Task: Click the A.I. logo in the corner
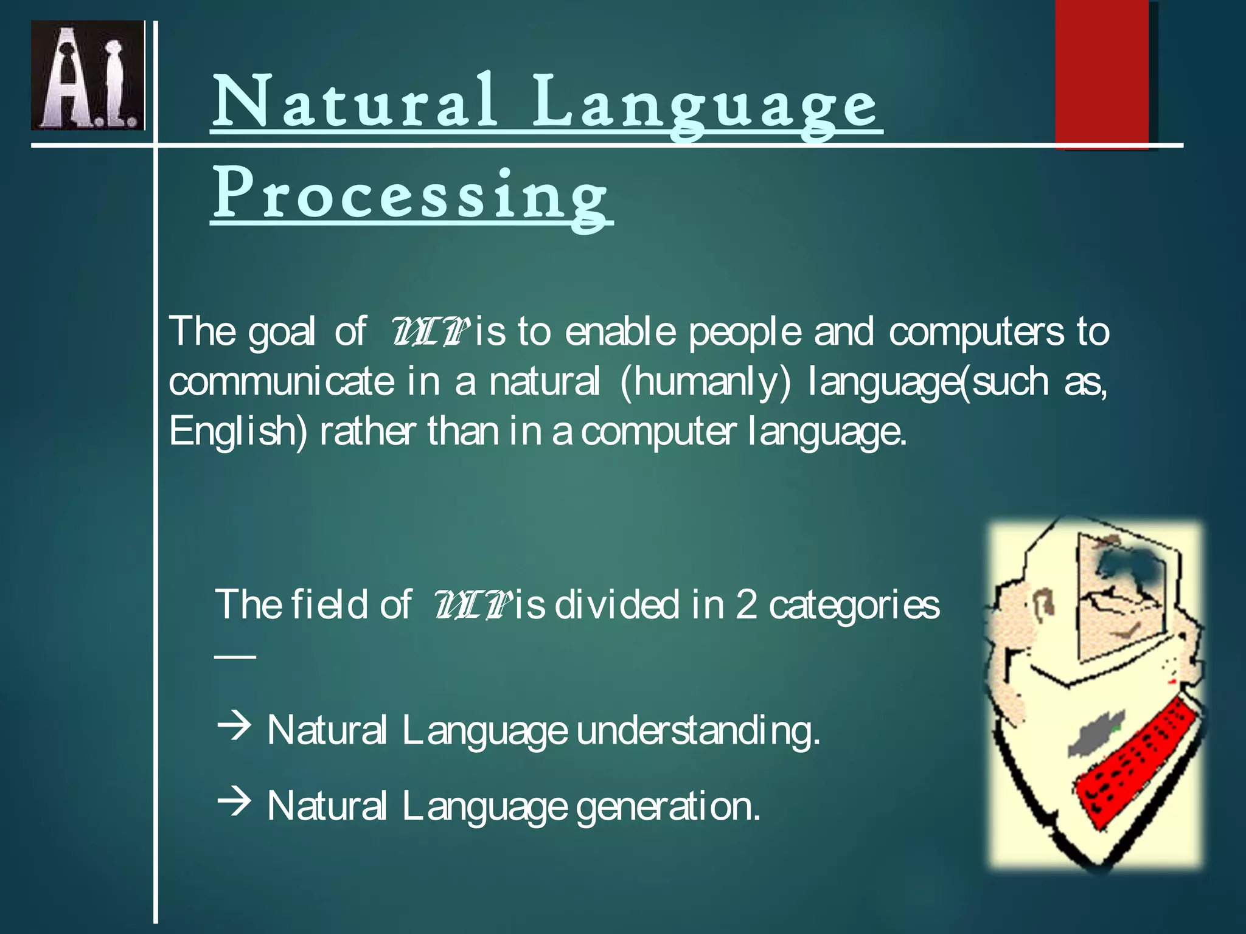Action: tap(88, 75)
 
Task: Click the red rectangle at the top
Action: tap(1101, 73)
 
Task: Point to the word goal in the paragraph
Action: tap(282, 333)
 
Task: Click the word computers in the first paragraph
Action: tap(976, 333)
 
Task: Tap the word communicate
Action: tap(281, 382)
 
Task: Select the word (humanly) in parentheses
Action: tap(706, 382)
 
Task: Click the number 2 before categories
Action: tap(746, 606)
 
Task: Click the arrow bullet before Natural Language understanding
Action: tap(234, 727)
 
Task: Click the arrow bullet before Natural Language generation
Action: tap(234, 802)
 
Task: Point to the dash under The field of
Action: tap(235, 656)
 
